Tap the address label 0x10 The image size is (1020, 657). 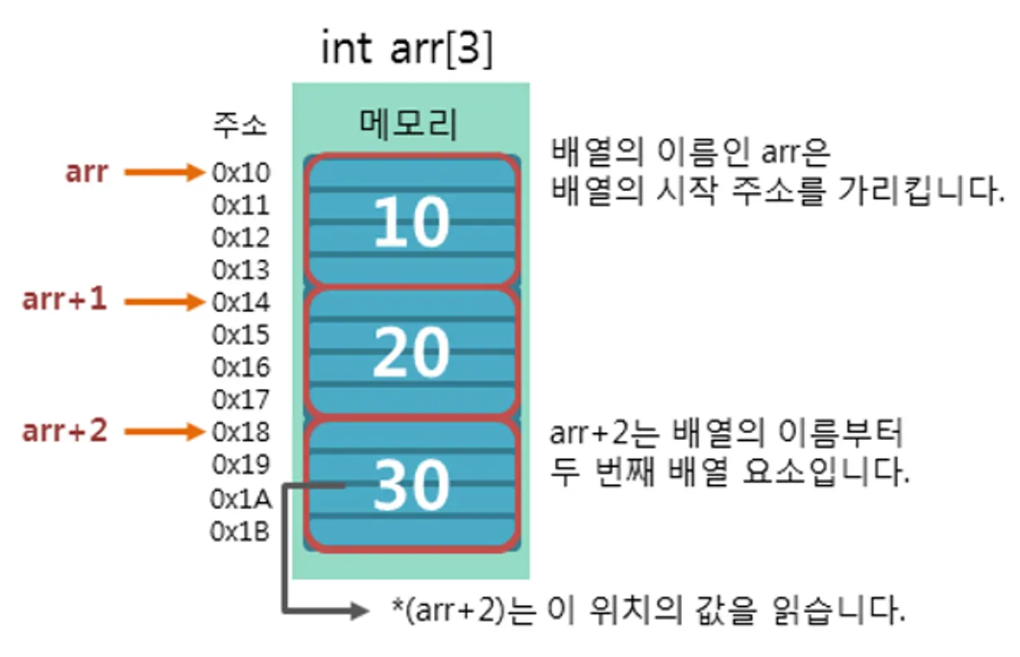(241, 173)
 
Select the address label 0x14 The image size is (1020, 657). (241, 303)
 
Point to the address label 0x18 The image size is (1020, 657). (241, 431)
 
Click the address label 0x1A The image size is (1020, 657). (240, 499)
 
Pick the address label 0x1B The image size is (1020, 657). (240, 532)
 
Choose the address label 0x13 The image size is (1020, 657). (241, 270)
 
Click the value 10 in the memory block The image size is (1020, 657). (411, 222)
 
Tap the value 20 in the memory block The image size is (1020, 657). (411, 352)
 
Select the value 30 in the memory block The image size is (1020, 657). (411, 484)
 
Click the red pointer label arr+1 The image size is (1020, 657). (65, 301)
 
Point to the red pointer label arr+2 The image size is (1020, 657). (65, 431)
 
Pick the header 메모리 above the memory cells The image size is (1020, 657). (408, 125)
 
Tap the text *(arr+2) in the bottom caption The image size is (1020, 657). (447, 611)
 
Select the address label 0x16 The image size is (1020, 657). (241, 367)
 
